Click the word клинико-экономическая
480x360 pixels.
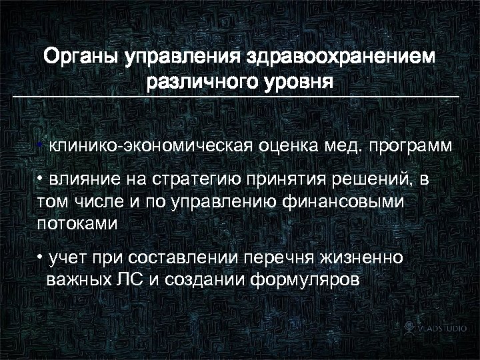[x=149, y=145]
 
